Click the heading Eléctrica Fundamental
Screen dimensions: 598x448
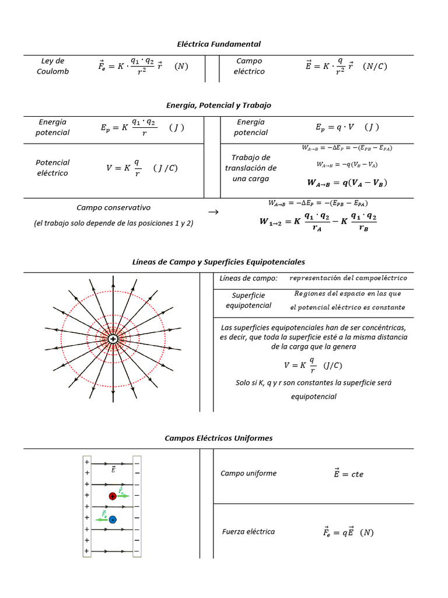click(219, 44)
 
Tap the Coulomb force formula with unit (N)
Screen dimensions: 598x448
click(142, 67)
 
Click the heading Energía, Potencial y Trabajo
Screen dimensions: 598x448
click(219, 105)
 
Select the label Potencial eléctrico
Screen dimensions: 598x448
click(52, 168)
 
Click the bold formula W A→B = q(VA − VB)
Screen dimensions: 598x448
click(347, 183)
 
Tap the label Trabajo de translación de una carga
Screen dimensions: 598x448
click(250, 168)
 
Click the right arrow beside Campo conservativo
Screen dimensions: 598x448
click(213, 212)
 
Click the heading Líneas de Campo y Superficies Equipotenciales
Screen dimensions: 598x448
click(219, 262)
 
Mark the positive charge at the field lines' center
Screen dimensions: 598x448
click(113, 339)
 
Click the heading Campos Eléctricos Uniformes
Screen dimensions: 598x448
click(219, 438)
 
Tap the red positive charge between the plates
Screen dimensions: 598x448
click(113, 496)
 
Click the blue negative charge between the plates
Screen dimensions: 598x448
click(113, 519)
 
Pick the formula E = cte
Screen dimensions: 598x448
click(348, 474)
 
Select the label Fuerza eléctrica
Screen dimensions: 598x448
click(249, 531)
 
